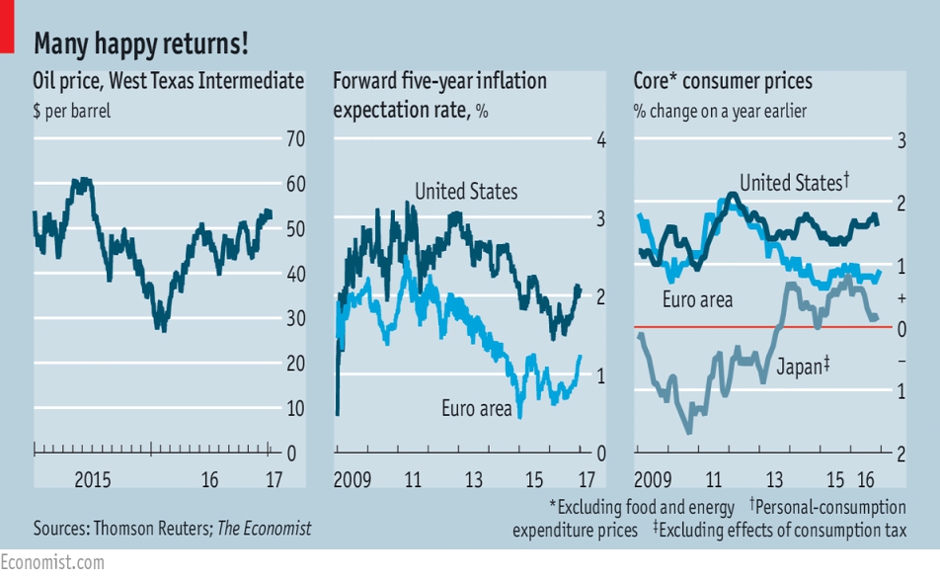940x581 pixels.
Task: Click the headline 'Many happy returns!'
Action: (x=141, y=43)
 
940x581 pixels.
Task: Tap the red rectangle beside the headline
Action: (x=7, y=27)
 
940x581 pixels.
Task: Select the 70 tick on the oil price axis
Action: (x=295, y=138)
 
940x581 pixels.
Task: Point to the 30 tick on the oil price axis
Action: (x=295, y=318)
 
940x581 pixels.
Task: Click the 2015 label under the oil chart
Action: (x=93, y=479)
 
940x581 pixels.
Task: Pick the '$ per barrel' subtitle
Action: (x=72, y=111)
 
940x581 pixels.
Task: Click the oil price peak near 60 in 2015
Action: (x=83, y=180)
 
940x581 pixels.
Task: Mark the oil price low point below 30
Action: (x=163, y=329)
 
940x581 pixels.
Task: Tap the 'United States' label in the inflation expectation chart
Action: (x=466, y=192)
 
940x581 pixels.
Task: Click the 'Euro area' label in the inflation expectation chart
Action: (x=477, y=408)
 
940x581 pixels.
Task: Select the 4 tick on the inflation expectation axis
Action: (x=600, y=140)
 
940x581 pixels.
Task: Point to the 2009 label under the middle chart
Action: (x=352, y=479)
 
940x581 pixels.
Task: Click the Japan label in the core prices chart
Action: (x=803, y=366)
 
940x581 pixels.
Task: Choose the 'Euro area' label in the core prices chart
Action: (x=697, y=299)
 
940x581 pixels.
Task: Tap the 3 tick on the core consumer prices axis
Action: (x=901, y=141)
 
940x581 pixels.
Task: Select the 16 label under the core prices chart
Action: (x=866, y=479)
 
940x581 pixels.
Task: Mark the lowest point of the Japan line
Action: (x=689, y=432)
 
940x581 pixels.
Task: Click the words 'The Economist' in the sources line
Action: (x=264, y=529)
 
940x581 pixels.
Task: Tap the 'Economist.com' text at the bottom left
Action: (x=52, y=562)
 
